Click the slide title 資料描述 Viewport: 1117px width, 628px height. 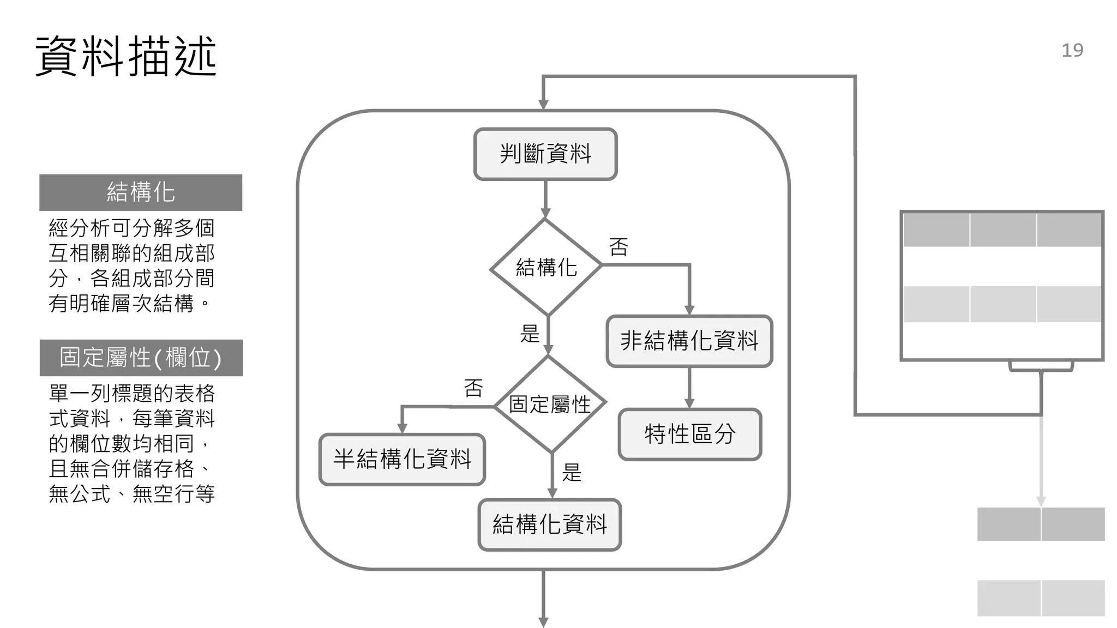tap(126, 56)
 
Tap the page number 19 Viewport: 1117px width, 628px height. tap(1072, 50)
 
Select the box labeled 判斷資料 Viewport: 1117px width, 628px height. tap(545, 154)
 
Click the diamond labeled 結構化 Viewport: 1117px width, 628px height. tap(546, 267)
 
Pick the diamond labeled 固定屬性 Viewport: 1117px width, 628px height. tap(550, 404)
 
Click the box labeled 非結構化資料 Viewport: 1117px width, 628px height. tap(689, 341)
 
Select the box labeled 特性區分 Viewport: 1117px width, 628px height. tap(689, 434)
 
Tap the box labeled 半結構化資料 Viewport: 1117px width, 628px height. tap(402, 459)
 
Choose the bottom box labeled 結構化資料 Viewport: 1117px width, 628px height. tap(550, 524)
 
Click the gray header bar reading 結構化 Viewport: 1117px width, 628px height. tap(141, 192)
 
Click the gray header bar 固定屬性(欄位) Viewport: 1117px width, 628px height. tap(141, 358)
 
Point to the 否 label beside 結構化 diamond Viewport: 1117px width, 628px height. tap(618, 247)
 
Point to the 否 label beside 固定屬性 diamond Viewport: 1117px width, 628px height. tap(473, 389)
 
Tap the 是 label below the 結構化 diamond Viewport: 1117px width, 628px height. tap(530, 334)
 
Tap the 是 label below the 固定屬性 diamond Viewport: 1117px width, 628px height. tap(572, 472)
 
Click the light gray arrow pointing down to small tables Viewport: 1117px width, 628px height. tap(1041, 463)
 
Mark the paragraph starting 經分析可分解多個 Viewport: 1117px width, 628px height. tap(131, 265)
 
